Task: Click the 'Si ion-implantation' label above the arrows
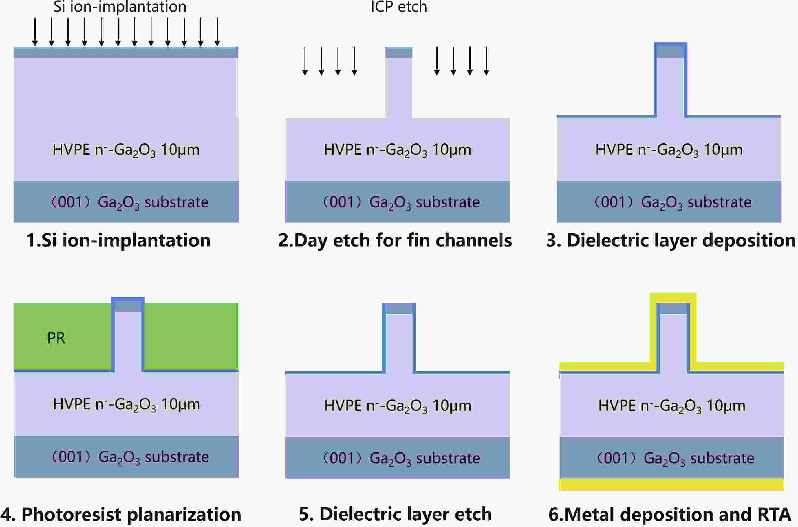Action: (x=120, y=7)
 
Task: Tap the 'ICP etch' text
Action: (x=399, y=7)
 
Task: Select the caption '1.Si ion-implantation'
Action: (x=118, y=240)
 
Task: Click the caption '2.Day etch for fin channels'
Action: (x=395, y=240)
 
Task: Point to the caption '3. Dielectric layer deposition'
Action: (x=671, y=240)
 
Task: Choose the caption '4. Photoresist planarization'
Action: (x=121, y=514)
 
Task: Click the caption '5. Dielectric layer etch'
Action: (x=395, y=514)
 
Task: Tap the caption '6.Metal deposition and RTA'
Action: (x=669, y=514)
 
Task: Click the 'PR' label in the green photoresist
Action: (x=56, y=338)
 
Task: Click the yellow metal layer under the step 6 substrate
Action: (x=671, y=484)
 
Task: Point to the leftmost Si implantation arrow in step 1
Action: (x=35, y=32)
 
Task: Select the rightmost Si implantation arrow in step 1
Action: (x=217, y=32)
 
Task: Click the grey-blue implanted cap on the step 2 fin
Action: (x=399, y=52)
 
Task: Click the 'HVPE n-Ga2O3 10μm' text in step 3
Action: (x=669, y=150)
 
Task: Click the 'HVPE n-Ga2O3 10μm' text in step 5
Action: (x=398, y=406)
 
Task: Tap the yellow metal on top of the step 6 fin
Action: (x=673, y=297)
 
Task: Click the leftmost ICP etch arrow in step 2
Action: (x=305, y=60)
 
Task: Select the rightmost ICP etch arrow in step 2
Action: (x=486, y=60)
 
